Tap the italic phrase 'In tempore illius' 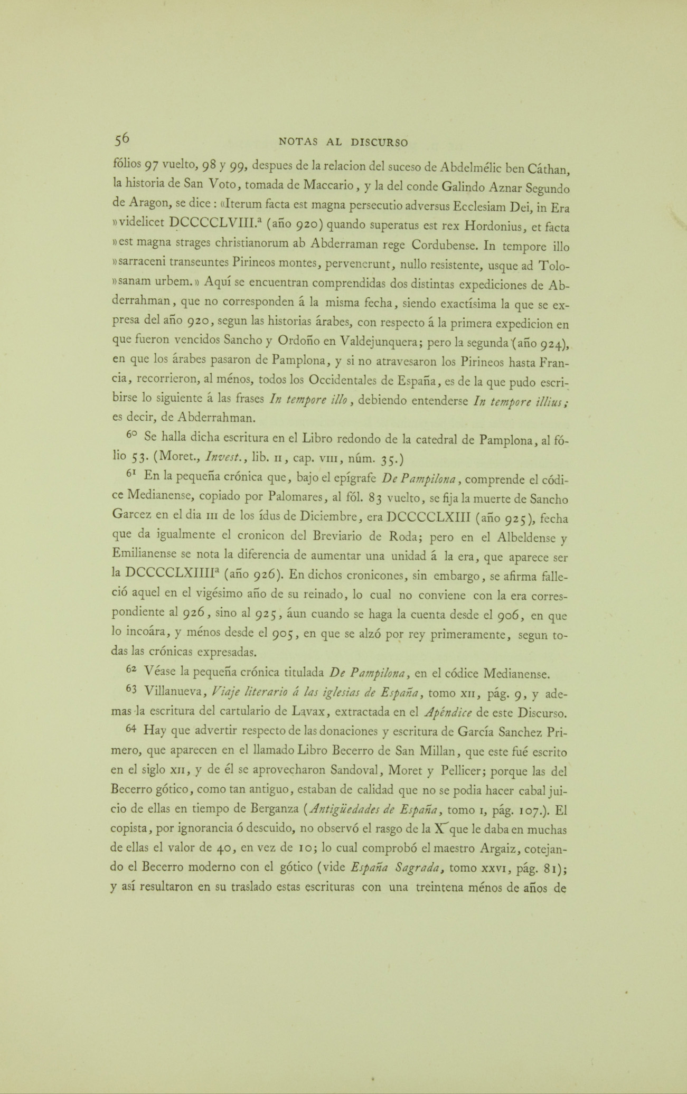click(523, 401)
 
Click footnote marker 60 click(132, 436)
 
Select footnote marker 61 click(132, 474)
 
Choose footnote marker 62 click(132, 669)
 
